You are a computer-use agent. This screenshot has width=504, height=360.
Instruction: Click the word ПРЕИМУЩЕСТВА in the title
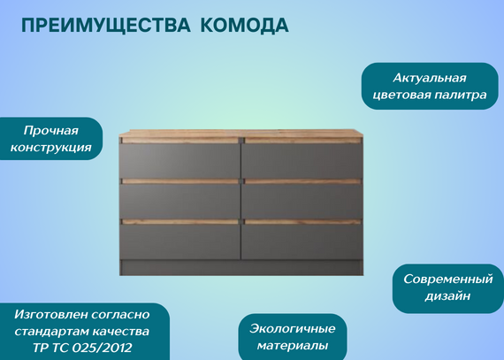point(106,26)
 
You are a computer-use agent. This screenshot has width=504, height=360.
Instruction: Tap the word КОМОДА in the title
point(245,26)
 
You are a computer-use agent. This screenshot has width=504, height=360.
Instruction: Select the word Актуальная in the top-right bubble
point(430,78)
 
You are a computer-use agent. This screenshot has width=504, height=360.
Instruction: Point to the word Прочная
point(50,131)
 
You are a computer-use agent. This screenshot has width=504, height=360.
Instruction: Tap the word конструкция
point(50,148)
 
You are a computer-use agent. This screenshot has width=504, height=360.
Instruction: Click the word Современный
point(448,279)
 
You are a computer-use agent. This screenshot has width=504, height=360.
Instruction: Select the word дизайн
point(447,295)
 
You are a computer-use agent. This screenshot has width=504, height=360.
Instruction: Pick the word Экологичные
point(293,329)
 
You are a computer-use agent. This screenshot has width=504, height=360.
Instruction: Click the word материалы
point(293,346)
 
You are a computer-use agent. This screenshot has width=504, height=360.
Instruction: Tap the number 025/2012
point(103,348)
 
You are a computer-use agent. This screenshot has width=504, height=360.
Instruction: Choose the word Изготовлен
point(51,314)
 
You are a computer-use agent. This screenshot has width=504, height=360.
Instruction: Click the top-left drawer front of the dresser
point(179,161)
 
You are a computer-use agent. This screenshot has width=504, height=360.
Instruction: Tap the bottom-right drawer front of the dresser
point(302,241)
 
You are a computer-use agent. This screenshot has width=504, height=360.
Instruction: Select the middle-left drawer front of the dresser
point(179,201)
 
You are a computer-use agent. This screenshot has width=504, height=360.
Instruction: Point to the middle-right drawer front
point(302,201)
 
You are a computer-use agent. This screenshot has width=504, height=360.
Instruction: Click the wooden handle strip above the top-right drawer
point(302,141)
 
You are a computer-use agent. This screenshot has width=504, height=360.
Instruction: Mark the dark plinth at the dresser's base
point(241,267)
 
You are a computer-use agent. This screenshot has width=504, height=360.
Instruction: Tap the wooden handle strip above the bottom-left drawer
point(180,222)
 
